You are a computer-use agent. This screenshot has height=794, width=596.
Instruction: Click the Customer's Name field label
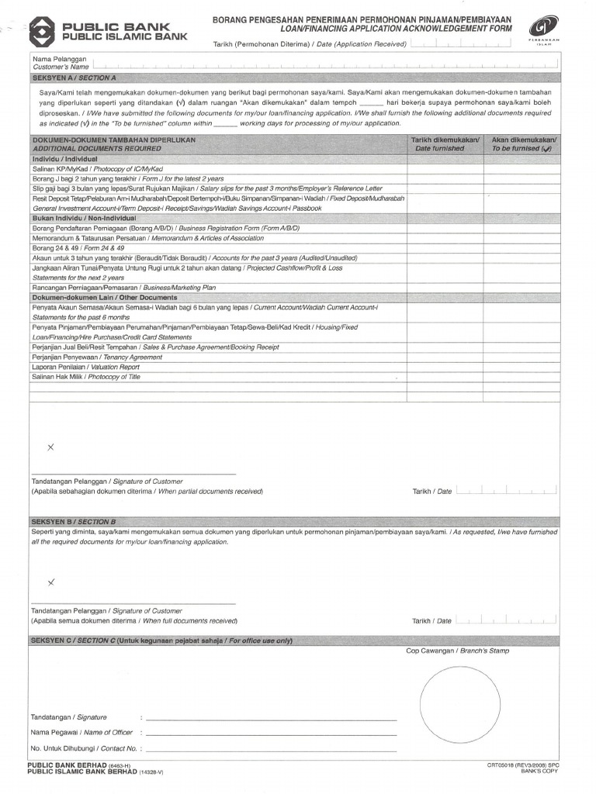pyautogui.click(x=61, y=64)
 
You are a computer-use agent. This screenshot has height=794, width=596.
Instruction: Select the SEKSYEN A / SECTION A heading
pyautogui.click(x=74, y=78)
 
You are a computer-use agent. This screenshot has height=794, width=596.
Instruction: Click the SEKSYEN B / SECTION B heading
pyautogui.click(x=74, y=522)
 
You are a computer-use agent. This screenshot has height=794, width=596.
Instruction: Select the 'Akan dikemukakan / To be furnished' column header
pyautogui.click(x=524, y=143)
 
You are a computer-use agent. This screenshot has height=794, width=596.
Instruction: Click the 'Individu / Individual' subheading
pyautogui.click(x=64, y=158)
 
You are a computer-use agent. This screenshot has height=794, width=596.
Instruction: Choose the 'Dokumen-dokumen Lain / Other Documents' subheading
pyautogui.click(x=104, y=297)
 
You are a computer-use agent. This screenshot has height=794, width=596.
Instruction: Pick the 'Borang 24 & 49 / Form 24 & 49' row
pyautogui.click(x=78, y=247)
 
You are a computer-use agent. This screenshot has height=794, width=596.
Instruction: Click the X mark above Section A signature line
pyautogui.click(x=51, y=448)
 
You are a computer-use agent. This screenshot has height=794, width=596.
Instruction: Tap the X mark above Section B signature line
pyautogui.click(x=51, y=582)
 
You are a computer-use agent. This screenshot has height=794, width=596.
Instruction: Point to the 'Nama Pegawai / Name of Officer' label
pyautogui.click(x=81, y=732)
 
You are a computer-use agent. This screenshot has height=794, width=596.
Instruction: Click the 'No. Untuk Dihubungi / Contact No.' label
pyautogui.click(x=84, y=748)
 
